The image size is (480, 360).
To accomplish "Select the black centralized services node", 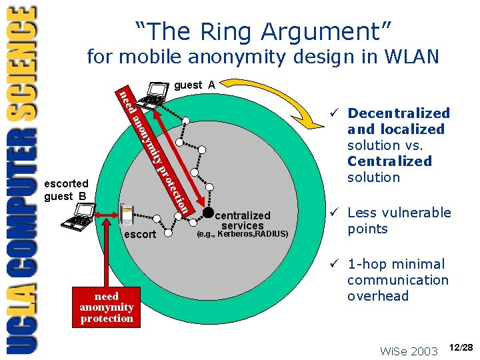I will tap(209, 213).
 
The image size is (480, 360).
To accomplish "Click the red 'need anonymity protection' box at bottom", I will tap(107, 307).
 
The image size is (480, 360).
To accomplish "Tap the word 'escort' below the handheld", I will tap(140, 235).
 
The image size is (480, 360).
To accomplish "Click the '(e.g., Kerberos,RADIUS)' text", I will tap(243, 234).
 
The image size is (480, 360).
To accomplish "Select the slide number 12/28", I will tap(461, 347).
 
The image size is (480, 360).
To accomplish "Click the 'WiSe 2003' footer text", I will tap(408, 351).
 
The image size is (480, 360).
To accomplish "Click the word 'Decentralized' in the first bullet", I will tap(399, 113).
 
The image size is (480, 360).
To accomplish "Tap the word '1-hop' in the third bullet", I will tap(367, 264).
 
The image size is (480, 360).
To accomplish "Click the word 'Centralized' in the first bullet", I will tap(389, 161).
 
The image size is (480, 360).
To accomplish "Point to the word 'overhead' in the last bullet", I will tap(377, 296).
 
